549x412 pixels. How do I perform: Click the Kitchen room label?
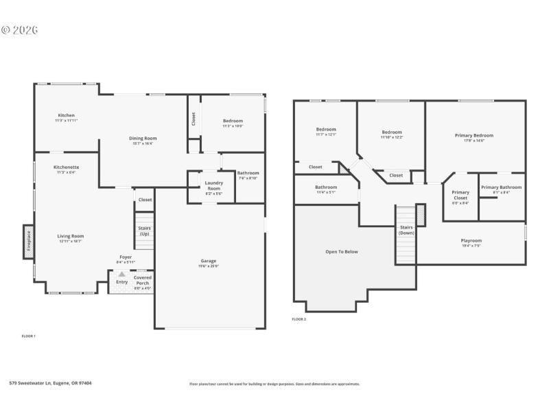66,115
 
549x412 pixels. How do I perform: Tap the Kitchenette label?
67,167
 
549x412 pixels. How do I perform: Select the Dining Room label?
143,139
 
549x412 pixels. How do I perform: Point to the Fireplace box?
29,242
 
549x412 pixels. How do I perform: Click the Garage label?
209,261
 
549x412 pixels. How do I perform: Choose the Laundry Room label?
213,185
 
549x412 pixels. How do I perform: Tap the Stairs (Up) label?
145,231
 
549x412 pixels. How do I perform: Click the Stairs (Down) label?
406,230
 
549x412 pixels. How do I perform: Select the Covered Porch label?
143,280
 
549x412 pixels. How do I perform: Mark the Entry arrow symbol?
121,274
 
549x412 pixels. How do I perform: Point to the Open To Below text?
341,252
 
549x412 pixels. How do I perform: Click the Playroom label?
471,241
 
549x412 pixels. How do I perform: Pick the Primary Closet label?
460,195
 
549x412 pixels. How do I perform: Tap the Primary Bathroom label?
501,187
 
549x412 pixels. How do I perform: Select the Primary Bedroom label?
474,136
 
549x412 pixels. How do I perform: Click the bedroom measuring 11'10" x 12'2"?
392,133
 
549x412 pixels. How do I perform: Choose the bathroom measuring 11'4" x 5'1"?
326,187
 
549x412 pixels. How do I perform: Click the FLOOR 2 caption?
299,319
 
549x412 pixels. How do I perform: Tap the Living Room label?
70,236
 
